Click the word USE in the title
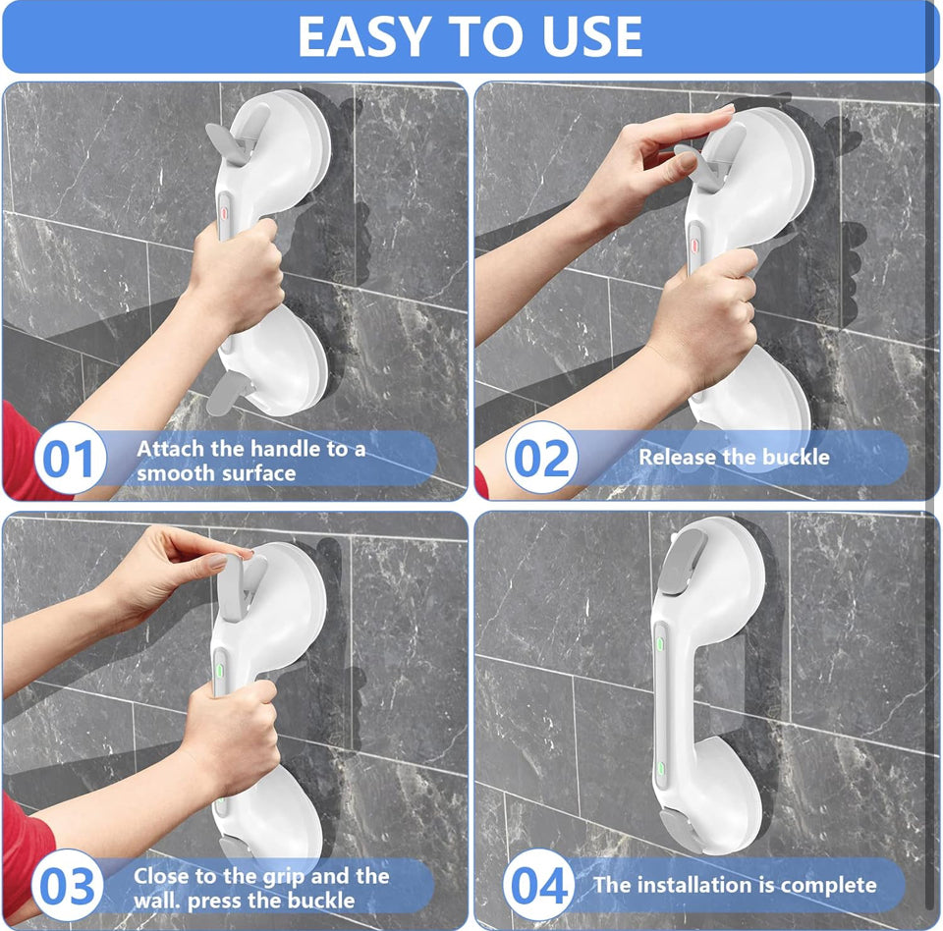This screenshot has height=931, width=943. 591,36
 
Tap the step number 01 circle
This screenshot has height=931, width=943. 71,459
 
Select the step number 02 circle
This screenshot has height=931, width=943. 541,458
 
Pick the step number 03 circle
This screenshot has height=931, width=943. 68,885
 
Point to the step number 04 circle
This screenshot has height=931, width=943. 539,884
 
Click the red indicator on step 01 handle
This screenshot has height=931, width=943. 224,213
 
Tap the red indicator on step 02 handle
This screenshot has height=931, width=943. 693,245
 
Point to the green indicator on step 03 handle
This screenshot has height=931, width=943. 219,670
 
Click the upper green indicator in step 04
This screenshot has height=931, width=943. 660,644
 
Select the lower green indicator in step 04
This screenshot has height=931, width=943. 660,769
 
